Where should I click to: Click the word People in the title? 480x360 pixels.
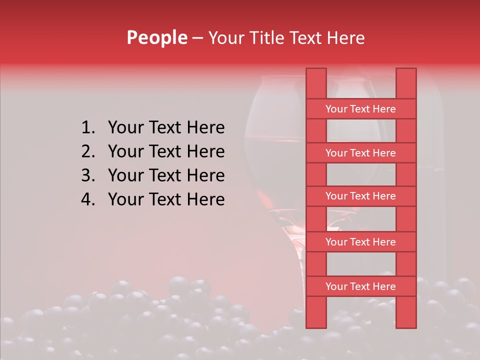coord(156,37)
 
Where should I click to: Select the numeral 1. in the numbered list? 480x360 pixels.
coord(88,128)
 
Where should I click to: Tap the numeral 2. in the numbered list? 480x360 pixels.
coord(88,151)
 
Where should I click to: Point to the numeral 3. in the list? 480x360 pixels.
coord(88,175)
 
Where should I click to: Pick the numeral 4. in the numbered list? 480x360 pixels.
coord(88,199)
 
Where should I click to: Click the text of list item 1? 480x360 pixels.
coord(166,128)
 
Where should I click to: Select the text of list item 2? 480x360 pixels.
coord(166,151)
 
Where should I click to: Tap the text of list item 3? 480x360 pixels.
coord(166,175)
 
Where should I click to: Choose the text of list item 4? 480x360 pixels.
coord(166,199)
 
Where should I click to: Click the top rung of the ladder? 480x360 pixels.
coord(360,109)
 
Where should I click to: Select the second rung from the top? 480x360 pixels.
coord(360,153)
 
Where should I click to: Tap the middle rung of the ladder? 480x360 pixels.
coord(360,196)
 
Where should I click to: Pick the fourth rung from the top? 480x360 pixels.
coord(360,242)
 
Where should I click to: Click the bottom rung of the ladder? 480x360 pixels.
coord(360,286)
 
